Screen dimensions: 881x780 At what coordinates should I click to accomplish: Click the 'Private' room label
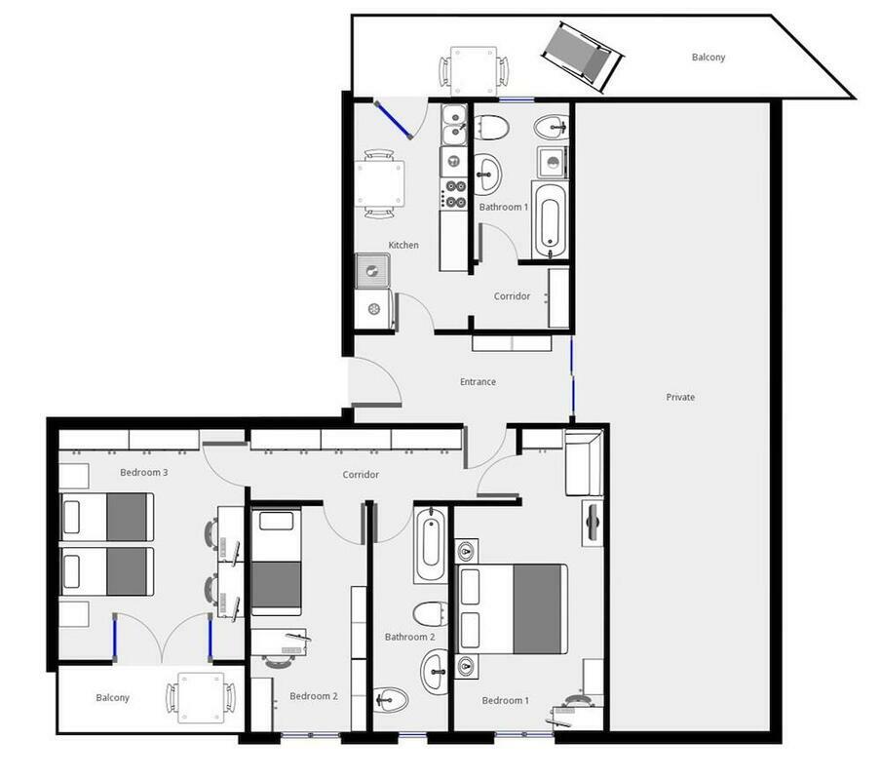680,397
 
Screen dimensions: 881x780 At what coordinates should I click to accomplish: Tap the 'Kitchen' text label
403,245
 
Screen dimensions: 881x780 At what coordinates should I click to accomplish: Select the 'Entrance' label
478,382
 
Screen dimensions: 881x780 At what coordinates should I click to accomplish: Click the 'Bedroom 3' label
144,473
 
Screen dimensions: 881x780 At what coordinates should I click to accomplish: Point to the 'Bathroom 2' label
409,637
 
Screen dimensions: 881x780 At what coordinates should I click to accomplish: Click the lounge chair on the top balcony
583,57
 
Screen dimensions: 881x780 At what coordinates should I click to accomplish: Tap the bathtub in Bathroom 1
549,221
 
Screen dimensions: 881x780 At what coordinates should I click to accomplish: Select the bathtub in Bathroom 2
431,545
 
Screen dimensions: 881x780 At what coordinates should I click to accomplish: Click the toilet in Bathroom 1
491,128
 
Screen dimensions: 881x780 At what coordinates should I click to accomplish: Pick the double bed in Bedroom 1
513,609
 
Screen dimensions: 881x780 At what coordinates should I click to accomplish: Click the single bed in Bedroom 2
276,562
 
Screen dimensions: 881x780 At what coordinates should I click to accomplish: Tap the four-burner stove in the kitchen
454,194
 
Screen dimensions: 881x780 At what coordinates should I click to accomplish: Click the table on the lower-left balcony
201,698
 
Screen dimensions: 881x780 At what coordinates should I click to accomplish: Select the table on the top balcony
474,71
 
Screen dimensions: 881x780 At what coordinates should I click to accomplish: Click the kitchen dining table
379,183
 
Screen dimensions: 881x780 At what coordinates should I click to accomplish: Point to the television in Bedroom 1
593,524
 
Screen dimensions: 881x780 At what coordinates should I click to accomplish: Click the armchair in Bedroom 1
584,463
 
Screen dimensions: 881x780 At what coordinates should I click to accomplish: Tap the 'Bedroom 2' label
314,696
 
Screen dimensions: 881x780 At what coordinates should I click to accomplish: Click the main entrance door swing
375,381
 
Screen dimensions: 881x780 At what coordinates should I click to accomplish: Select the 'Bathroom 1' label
504,207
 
